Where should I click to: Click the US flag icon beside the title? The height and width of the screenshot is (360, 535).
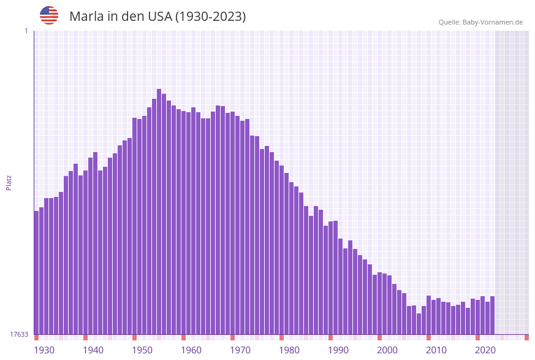click(49, 15)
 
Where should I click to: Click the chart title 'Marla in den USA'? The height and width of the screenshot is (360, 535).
click(157, 17)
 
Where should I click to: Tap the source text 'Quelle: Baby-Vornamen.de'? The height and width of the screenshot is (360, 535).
click(480, 22)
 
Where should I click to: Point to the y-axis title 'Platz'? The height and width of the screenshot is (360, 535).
click(9, 182)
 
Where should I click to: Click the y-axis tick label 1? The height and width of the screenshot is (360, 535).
click(26, 31)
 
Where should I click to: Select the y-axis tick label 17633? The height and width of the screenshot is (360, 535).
click(19, 334)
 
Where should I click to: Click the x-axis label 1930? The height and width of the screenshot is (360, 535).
click(44, 350)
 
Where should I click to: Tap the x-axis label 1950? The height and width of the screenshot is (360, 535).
click(142, 350)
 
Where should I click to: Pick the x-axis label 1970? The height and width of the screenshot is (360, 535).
click(240, 350)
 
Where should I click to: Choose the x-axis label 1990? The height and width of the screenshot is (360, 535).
click(338, 350)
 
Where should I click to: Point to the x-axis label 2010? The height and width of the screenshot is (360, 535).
click(436, 350)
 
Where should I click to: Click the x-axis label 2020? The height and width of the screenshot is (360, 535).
click(485, 350)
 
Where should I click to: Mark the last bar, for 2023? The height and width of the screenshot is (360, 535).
click(492, 315)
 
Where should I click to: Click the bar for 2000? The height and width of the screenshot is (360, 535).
click(379, 303)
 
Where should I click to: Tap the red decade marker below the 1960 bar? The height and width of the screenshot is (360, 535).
click(183, 337)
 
